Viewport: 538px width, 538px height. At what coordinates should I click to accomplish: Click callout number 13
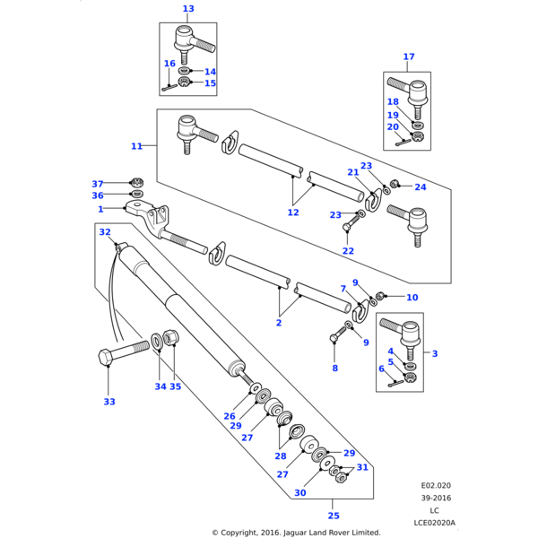pos(187,9)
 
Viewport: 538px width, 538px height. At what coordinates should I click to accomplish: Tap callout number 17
pos(409,56)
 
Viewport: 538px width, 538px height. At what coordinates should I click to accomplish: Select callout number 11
pos(136,146)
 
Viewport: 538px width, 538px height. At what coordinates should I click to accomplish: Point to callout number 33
pos(109,402)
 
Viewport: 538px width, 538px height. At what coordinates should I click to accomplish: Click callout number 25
pos(334,516)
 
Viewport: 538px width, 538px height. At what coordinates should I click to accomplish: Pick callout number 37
pos(98,184)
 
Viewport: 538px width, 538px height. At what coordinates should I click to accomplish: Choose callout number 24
pos(421,187)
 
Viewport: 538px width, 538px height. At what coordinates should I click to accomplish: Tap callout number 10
pos(412,298)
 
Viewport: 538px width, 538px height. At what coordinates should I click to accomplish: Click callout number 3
pos(435,354)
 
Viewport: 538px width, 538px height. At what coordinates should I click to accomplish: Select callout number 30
pos(299,492)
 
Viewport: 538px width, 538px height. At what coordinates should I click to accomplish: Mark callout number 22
pos(348,251)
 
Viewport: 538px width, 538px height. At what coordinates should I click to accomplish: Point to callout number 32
pos(105,232)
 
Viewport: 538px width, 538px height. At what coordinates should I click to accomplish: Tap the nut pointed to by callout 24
pos(395,186)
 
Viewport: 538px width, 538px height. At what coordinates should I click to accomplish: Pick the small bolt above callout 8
pos(336,336)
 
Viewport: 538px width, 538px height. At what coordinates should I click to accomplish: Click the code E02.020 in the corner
pos(436,485)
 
